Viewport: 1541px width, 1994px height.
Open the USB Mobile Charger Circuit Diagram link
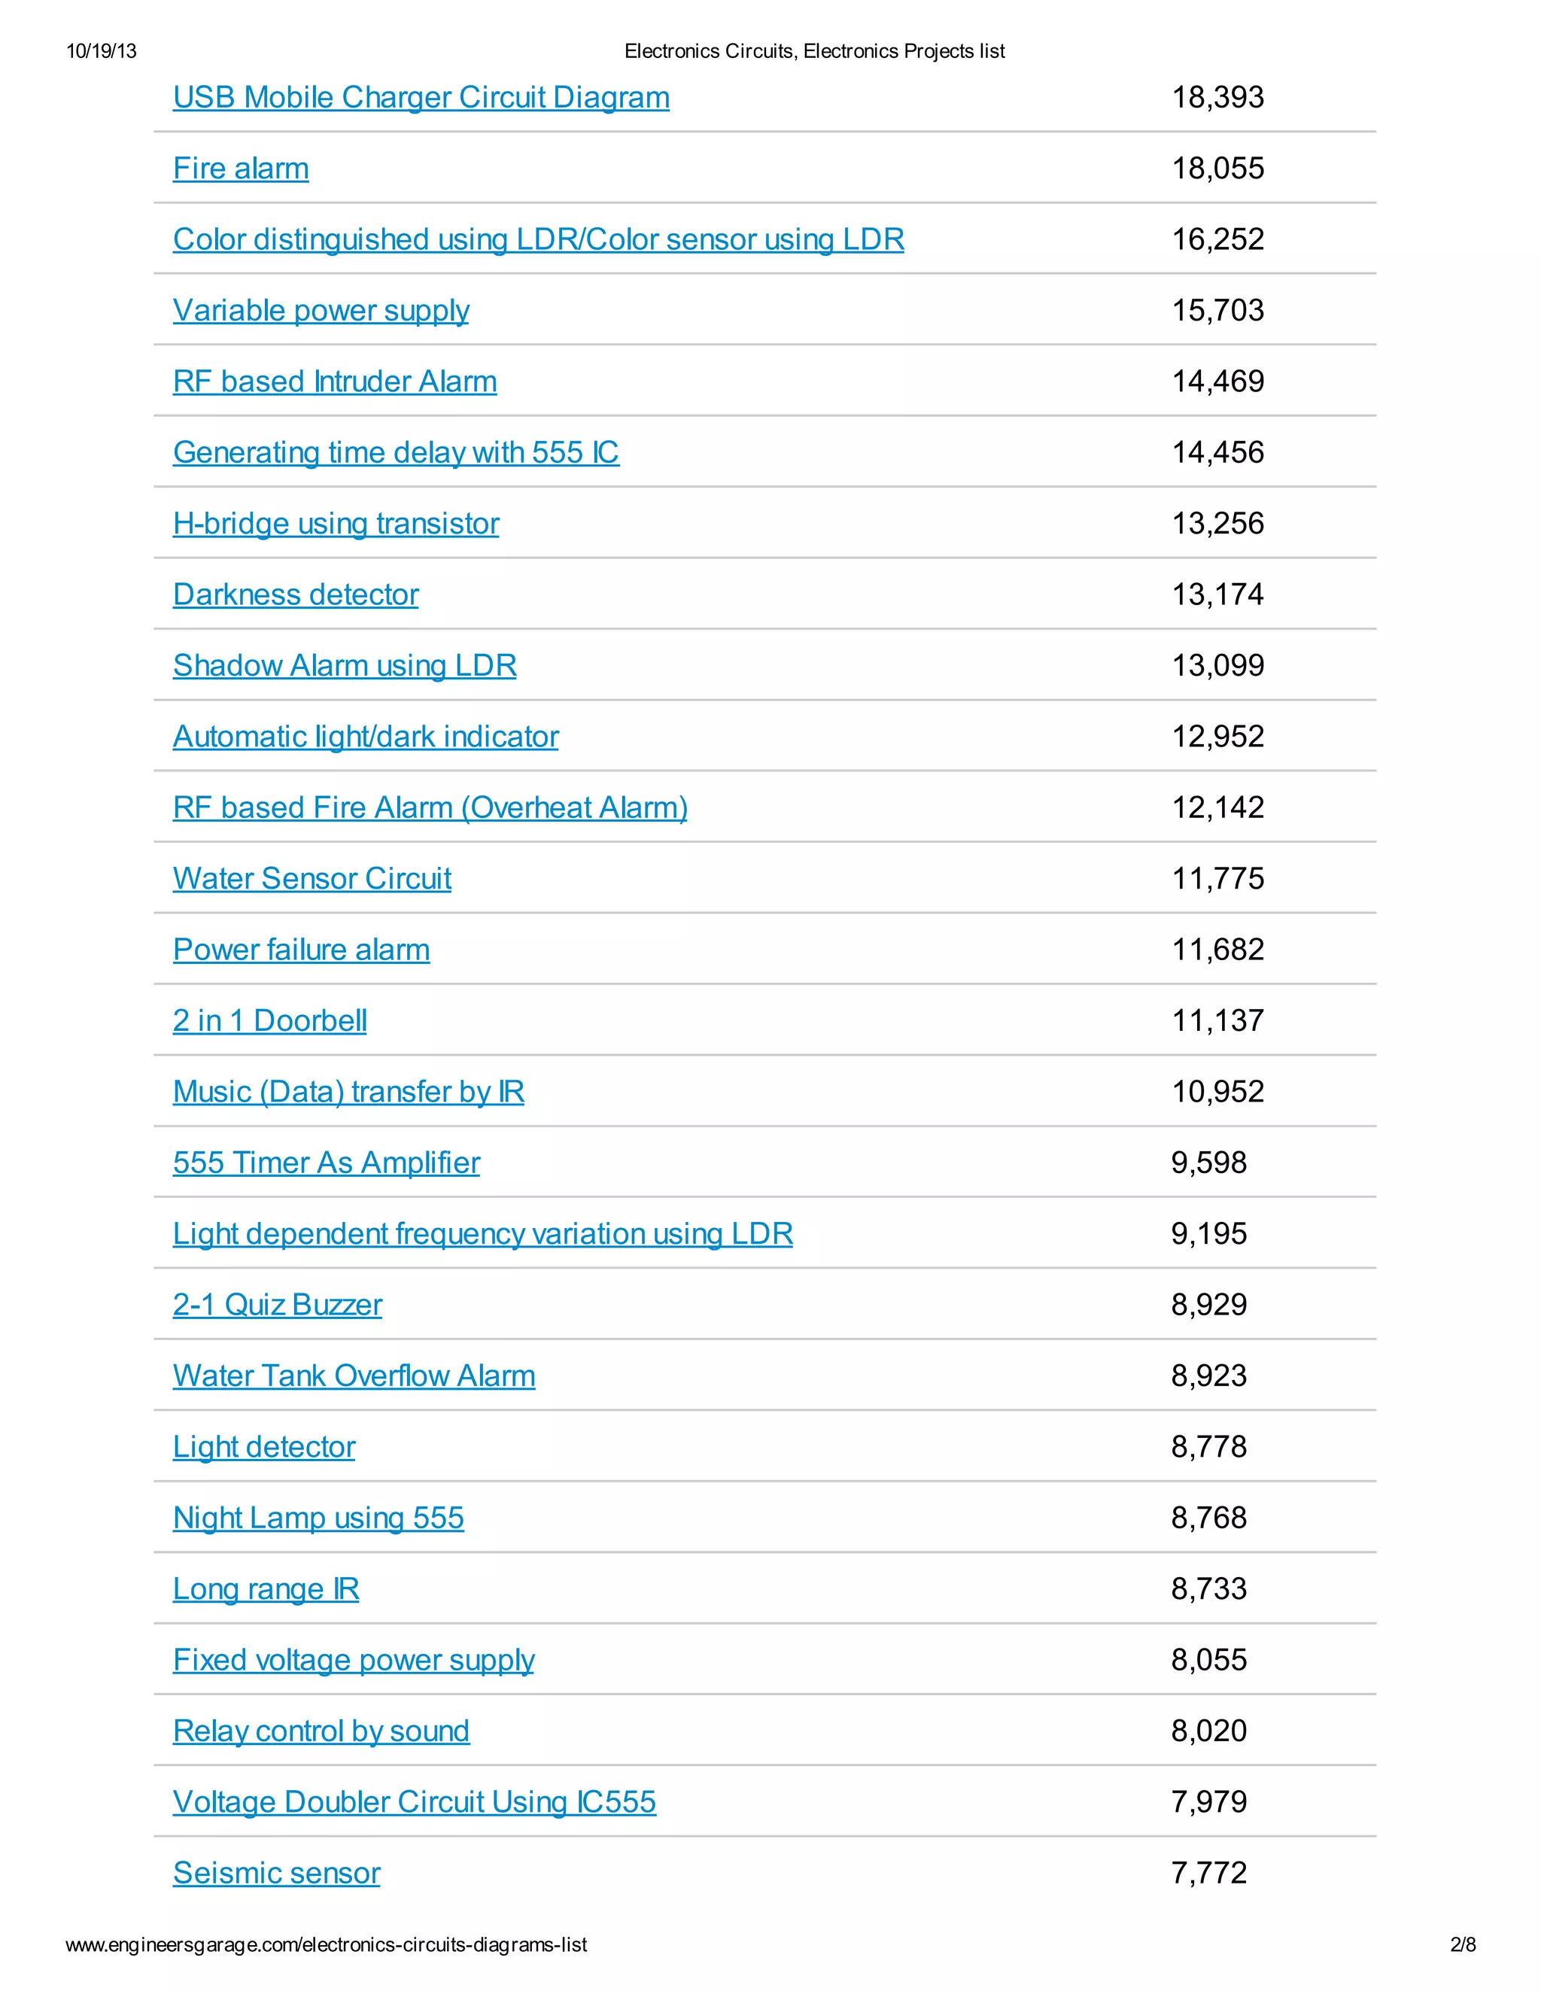coord(421,98)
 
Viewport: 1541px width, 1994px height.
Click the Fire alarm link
coord(241,169)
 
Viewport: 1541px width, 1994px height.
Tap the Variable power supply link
coord(321,311)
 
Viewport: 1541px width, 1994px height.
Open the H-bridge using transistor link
coord(336,524)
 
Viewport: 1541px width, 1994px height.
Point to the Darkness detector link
coord(296,595)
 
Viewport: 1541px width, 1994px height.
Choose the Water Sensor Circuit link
coord(312,879)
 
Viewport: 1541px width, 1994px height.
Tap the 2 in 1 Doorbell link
coord(270,1021)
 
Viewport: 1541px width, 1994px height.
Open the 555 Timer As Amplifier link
coord(326,1163)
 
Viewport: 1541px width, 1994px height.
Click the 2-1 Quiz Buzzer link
coord(278,1306)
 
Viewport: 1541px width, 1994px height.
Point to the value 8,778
coord(1208,1447)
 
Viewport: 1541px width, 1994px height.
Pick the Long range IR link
coord(266,1589)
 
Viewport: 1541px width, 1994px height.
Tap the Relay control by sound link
coord(321,1731)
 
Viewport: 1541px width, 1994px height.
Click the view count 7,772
coord(1208,1874)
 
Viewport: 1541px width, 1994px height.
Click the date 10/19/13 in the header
coord(102,51)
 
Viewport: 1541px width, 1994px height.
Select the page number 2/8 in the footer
coord(1463,1944)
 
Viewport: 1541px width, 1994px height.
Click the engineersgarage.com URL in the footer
coord(326,1944)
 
